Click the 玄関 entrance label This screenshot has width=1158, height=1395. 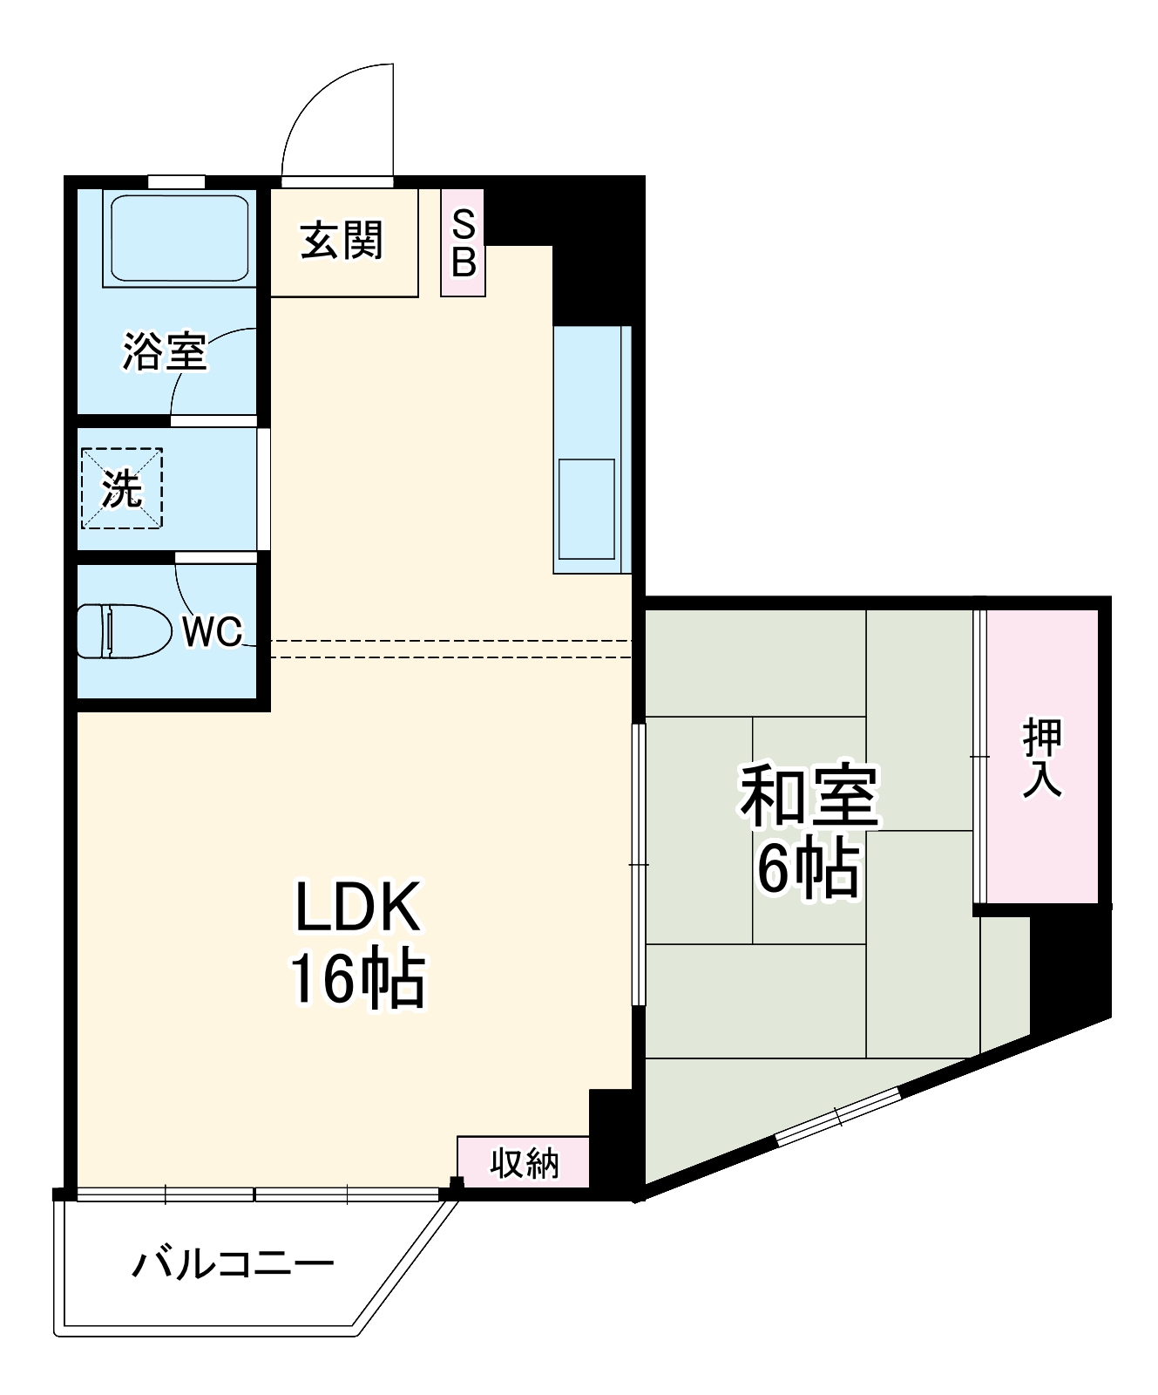[342, 241]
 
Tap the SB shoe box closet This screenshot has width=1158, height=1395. [463, 243]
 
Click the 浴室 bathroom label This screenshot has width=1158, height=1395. [164, 351]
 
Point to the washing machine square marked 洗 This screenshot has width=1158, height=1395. [122, 488]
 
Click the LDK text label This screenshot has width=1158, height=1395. [358, 908]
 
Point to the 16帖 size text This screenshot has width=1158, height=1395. [357, 979]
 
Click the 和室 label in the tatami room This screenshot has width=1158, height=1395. [809, 797]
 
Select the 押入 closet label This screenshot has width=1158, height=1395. [1042, 758]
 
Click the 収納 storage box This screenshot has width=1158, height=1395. [524, 1162]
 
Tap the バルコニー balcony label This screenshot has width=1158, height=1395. [233, 1263]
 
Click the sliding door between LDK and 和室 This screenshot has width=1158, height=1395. [639, 863]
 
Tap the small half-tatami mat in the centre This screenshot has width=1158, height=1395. [809, 830]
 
